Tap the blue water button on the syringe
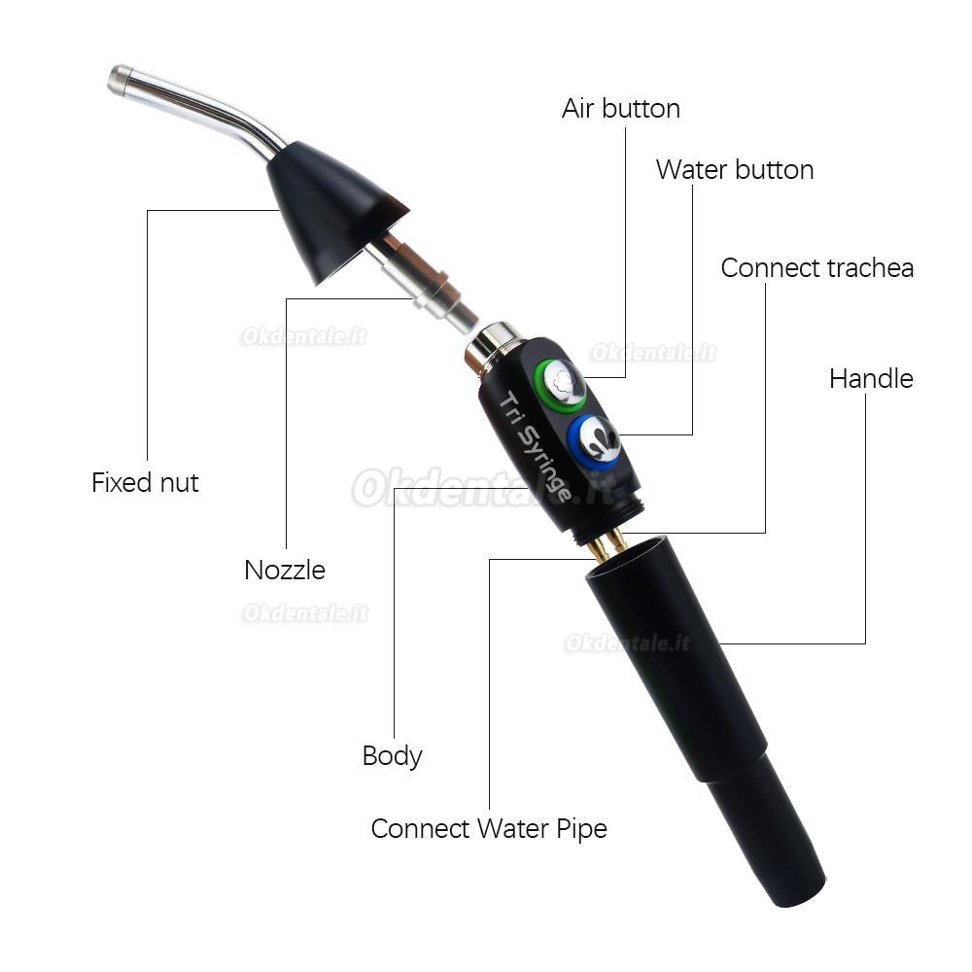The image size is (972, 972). point(594,440)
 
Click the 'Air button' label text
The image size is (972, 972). point(621,109)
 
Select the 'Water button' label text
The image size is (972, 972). point(735,170)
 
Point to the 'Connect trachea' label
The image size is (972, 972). point(817,268)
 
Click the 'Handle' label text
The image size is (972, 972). point(871,379)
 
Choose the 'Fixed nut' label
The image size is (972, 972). point(145,483)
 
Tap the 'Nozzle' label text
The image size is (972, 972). point(285,571)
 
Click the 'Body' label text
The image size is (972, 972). point(392,756)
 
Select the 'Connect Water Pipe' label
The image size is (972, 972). point(489,829)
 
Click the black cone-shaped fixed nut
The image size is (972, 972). point(329,208)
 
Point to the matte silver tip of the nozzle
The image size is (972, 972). point(120,80)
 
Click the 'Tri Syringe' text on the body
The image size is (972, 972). point(535,446)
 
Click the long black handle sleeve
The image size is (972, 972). point(706,719)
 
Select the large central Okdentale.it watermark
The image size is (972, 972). point(483,488)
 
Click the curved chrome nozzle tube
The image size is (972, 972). point(198,105)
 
